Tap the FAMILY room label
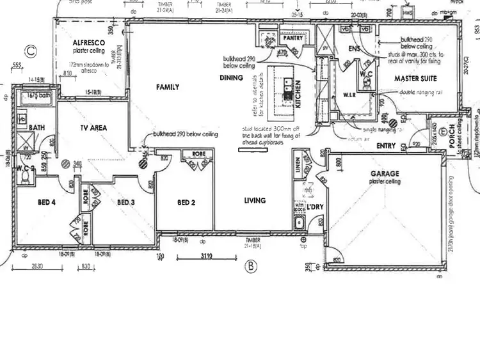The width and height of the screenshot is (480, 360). click(167, 87)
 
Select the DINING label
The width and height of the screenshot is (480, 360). click(231, 78)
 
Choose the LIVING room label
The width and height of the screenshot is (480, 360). click(254, 201)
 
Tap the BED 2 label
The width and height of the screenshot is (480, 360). click(186, 203)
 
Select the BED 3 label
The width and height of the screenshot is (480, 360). click(126, 203)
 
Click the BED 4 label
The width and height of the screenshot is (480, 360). click(47, 203)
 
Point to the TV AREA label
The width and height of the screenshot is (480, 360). click(93, 128)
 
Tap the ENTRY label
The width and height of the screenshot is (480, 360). click(386, 146)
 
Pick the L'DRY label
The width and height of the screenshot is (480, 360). click(314, 208)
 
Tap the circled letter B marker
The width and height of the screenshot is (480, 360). click(251, 265)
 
